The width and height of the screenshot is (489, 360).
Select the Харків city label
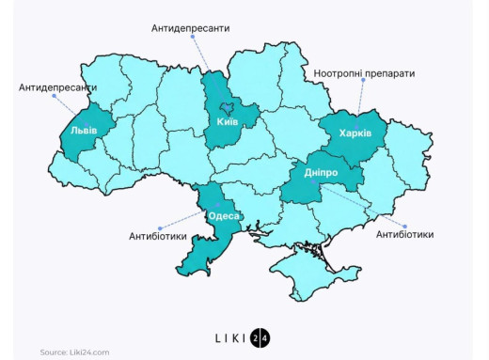click(355, 133)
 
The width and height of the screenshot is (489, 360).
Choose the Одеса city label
click(224, 215)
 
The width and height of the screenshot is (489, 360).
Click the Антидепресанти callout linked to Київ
click(191, 28)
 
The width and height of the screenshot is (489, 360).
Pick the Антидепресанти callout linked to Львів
click(57, 87)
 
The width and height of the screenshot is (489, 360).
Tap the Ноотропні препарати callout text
click(362, 73)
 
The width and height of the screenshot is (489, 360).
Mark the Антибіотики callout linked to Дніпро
click(404, 234)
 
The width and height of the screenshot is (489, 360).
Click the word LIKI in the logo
click(229, 337)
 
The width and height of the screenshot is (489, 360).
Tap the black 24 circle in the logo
click(260, 337)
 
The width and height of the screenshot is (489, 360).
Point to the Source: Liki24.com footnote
click(74, 352)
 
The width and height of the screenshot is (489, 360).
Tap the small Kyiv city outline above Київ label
click(226, 108)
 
